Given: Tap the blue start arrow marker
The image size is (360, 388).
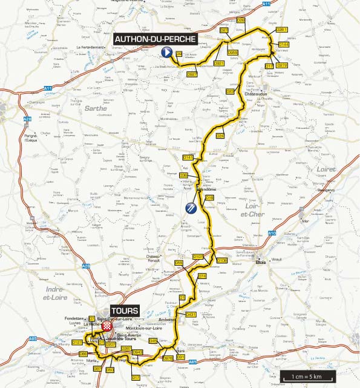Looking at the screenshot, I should click(165, 53).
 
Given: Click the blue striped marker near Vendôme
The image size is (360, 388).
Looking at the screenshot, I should click(190, 209).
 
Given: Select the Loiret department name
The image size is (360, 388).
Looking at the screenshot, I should click(326, 169).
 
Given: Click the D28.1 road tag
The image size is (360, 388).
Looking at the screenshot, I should click(282, 29).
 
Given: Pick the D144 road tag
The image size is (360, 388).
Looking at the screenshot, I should click(284, 45).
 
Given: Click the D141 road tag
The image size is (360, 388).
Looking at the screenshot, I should click(188, 157).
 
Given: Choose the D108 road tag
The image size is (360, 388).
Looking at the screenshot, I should click(221, 260).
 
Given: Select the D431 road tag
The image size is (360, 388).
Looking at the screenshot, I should click(191, 315).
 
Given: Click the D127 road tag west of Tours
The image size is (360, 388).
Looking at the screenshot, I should click(77, 343).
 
